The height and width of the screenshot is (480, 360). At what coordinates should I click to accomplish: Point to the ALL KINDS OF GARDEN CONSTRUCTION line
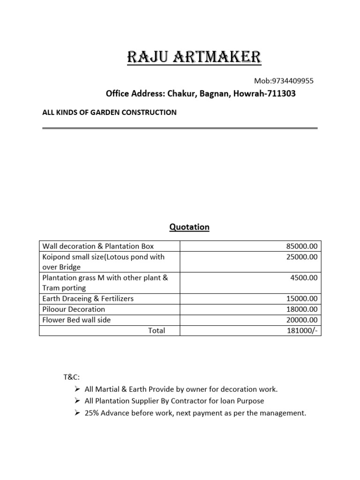click(109, 112)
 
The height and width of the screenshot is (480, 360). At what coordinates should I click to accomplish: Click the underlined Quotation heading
click(189, 227)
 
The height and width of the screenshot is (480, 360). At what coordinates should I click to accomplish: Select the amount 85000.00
click(301, 246)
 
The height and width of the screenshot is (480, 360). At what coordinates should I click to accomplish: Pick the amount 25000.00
click(301, 257)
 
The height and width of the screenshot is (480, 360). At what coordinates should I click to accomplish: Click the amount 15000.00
click(301, 299)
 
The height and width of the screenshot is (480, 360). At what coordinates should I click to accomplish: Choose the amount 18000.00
click(301, 309)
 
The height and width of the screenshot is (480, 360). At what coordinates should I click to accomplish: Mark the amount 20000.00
click(301, 320)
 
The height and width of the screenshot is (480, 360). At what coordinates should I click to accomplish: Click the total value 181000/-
click(302, 330)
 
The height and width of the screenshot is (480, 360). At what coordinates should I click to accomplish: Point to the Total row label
click(157, 330)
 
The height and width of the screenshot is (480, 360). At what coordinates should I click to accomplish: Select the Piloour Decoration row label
click(74, 309)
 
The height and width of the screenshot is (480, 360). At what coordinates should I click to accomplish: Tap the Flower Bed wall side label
click(77, 320)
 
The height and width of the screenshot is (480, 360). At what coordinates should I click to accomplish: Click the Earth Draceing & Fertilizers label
click(88, 299)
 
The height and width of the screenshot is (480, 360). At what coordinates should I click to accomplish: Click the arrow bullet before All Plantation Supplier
click(77, 401)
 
